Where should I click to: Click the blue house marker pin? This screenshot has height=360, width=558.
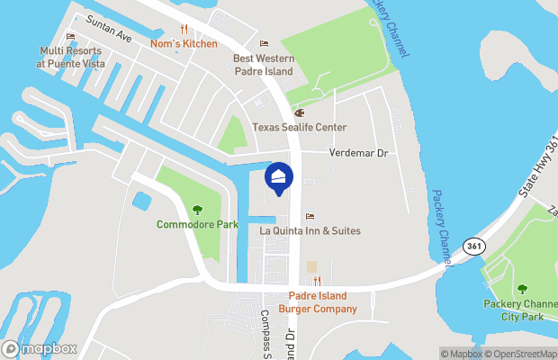[278, 178]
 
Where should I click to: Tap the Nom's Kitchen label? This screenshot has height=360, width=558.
[184, 43]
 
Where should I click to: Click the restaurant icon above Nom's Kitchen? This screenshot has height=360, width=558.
[184, 29]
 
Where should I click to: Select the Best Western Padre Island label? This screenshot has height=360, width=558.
[264, 65]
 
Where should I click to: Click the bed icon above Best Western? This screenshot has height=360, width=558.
[264, 43]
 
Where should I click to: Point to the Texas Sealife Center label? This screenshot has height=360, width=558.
[299, 128]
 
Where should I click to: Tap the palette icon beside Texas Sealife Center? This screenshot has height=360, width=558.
[300, 113]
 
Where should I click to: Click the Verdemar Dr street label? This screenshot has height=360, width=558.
[357, 153]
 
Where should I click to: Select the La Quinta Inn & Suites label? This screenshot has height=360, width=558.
[310, 231]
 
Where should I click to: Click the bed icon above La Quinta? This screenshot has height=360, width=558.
[310, 216]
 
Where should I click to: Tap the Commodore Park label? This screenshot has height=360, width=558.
[197, 224]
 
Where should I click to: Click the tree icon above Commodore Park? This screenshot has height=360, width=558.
[197, 209]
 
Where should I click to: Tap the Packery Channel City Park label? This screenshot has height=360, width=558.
[520, 310]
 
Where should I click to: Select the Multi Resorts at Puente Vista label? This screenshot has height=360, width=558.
[70, 58]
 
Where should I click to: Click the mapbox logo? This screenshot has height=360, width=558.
[40, 348]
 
